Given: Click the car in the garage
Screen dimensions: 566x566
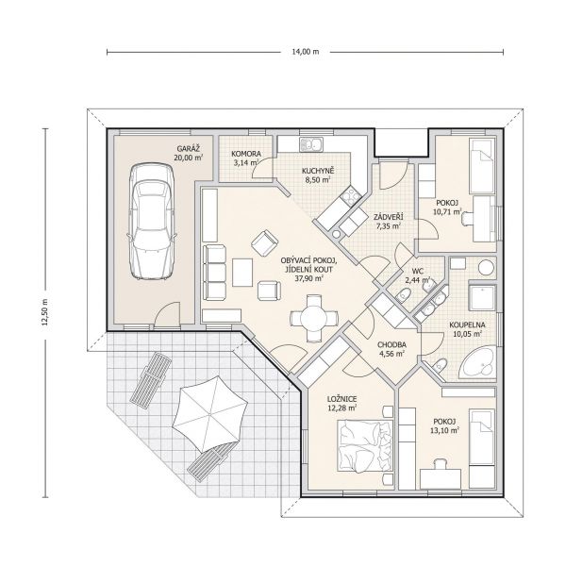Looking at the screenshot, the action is [x=152, y=222].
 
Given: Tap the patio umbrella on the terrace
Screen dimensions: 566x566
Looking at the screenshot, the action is [x=209, y=413].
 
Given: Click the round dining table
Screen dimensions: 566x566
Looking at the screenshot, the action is [x=313, y=319].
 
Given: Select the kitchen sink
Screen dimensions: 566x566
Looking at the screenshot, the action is [x=311, y=144].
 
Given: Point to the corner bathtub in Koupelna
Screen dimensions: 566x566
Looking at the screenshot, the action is [x=479, y=363].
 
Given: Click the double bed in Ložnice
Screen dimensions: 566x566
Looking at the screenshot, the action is [x=364, y=446].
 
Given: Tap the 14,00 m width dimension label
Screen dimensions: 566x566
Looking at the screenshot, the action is [x=306, y=52].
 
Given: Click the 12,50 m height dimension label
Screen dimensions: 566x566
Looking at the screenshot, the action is [x=44, y=312].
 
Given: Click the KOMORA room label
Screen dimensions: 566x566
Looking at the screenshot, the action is [x=246, y=154].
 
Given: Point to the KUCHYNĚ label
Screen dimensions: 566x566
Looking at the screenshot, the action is [x=319, y=171].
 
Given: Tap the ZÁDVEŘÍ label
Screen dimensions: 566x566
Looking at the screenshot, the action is [x=389, y=217].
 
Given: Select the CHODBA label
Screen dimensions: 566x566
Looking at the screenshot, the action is [x=391, y=344].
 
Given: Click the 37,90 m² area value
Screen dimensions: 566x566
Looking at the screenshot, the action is [x=309, y=278].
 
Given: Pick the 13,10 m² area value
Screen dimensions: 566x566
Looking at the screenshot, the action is [x=444, y=430].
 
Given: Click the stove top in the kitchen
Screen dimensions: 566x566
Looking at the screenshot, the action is [x=352, y=196].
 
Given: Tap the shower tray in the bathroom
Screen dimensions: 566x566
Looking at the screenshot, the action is [x=482, y=298].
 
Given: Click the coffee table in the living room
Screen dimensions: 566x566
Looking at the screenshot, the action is [x=242, y=273].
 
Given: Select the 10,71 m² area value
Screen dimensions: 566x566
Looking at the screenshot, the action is [x=447, y=211].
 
